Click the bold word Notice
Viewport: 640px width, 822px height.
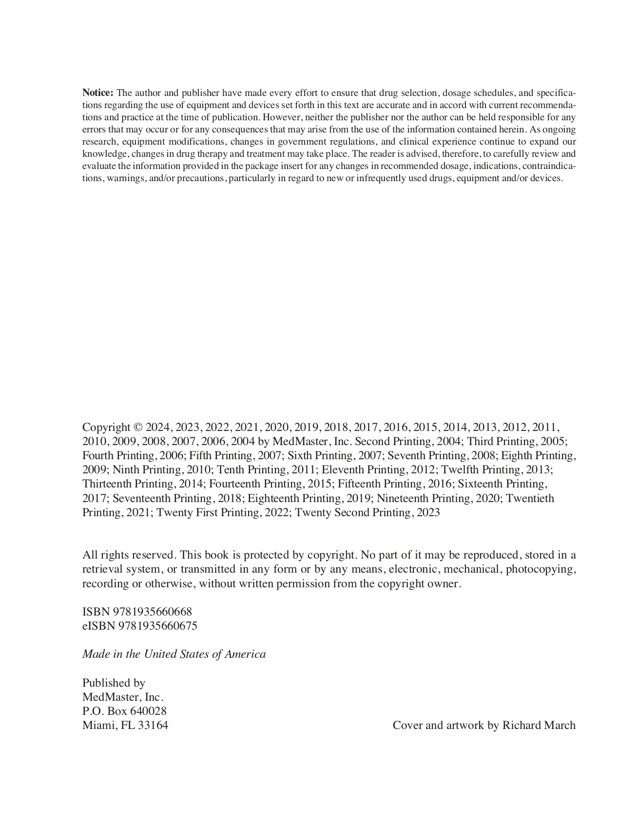point(97,93)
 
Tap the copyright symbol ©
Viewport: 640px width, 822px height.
point(138,428)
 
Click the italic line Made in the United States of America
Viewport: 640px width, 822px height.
point(174,654)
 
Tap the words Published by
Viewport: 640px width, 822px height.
point(114,683)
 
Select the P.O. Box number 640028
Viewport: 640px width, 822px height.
point(148,711)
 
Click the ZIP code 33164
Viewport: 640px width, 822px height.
point(153,726)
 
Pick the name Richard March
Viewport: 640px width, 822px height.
point(539,726)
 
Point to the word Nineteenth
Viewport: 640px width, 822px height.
point(403,499)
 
